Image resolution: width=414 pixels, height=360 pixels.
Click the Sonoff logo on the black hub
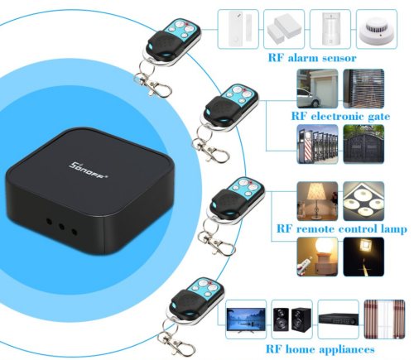(88, 170)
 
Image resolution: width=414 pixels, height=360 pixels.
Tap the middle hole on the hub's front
(61, 227)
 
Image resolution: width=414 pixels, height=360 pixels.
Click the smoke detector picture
(377, 29)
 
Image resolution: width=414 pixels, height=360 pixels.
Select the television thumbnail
(246, 319)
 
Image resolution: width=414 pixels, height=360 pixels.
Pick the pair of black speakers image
(292, 319)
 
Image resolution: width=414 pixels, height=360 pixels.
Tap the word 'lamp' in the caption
(393, 228)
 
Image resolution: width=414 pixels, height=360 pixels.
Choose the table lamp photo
(317, 201)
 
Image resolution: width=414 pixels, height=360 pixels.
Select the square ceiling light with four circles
(363, 201)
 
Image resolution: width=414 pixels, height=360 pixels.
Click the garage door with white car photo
(317, 89)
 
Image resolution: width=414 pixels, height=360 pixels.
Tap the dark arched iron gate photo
(363, 144)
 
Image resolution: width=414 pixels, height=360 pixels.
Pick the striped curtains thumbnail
(384, 319)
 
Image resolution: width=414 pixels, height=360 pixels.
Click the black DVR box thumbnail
(338, 319)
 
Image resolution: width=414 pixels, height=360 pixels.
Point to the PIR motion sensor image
(330, 29)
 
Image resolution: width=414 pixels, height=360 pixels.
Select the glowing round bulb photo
(317, 257)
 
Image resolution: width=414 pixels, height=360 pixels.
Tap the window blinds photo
(363, 89)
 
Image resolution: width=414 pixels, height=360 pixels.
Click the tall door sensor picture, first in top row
(238, 29)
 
